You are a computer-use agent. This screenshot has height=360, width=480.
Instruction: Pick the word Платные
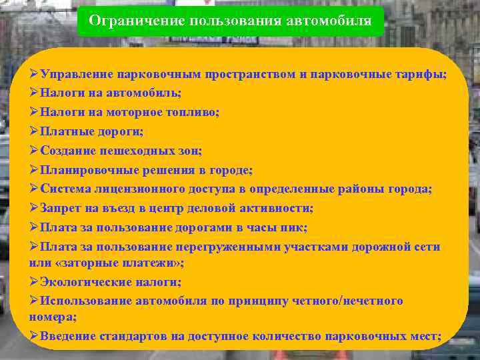pyautogui.click(x=65, y=132)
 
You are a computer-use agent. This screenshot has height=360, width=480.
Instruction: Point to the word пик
pyautogui.click(x=293, y=227)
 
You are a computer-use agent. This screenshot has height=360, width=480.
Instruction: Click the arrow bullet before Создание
pyautogui.click(x=35, y=151)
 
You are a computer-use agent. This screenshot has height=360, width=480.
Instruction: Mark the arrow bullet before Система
pyautogui.click(x=35, y=189)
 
